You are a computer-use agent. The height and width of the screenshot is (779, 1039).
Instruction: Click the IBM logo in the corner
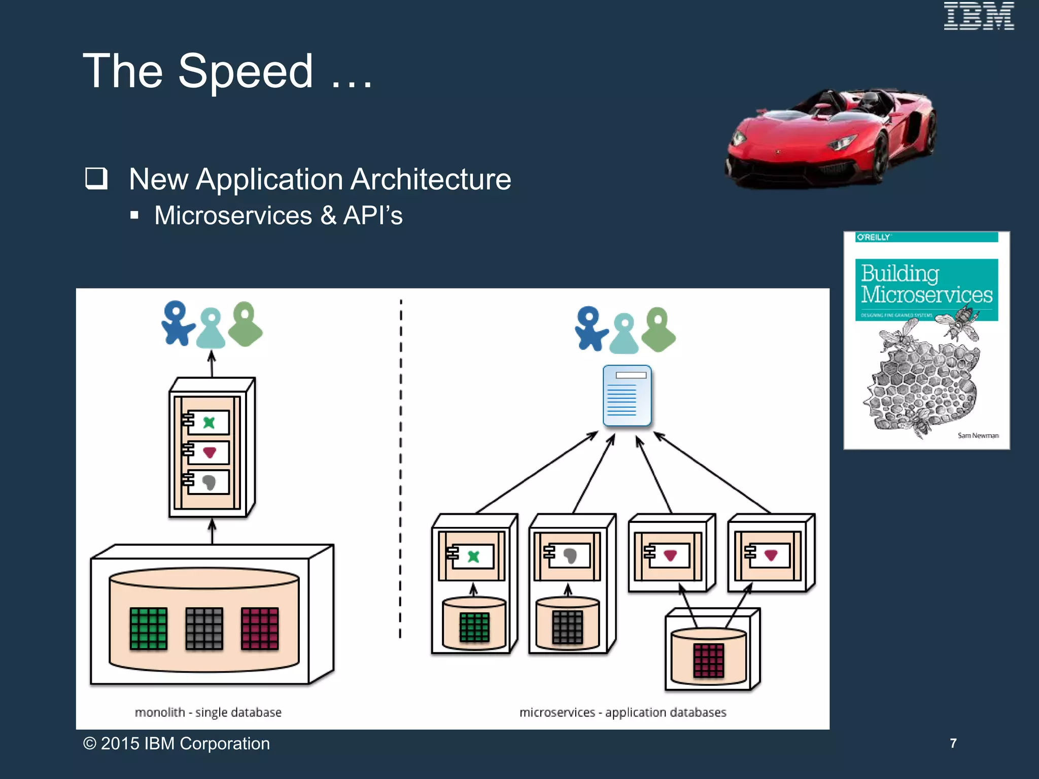tap(978, 16)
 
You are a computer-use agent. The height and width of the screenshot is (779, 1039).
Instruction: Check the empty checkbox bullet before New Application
tap(96, 179)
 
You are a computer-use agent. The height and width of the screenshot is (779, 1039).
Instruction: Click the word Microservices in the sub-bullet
tap(233, 216)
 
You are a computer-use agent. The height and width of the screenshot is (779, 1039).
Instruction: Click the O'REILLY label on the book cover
tap(873, 237)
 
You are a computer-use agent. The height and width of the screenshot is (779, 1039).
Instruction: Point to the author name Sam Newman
tap(978, 435)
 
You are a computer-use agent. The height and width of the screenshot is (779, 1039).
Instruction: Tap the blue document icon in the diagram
tap(627, 396)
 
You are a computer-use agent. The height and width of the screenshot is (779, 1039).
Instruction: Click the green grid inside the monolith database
tap(148, 628)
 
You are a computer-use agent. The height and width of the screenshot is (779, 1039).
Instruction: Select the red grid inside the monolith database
tap(260, 628)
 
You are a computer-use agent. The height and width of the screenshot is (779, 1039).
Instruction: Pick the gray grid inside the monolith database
tap(204, 628)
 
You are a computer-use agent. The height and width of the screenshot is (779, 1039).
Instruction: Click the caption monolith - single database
tap(208, 712)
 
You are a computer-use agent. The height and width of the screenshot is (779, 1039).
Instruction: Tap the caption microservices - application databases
tap(622, 712)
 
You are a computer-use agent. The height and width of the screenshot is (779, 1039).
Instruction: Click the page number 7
tap(953, 743)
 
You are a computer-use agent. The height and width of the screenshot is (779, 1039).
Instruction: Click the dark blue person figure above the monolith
tap(177, 324)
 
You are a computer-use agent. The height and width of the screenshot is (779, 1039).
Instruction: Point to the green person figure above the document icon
tap(658, 330)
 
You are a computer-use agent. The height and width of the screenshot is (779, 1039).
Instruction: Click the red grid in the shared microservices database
tap(708, 660)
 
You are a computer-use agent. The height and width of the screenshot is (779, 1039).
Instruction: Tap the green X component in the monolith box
tap(209, 422)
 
